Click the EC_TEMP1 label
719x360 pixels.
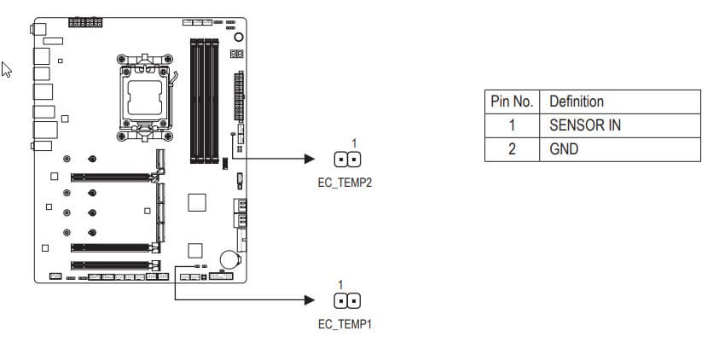(345, 324)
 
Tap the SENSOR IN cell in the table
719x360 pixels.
(584, 125)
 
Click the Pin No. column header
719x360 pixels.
(512, 102)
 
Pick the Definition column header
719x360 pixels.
(577, 102)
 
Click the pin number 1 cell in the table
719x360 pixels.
(512, 125)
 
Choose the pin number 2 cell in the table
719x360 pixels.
(512, 149)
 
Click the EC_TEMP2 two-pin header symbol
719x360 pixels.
(347, 160)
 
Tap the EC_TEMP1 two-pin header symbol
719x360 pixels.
(345, 301)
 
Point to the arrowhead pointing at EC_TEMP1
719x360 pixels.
(310, 300)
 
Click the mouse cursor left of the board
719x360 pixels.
(7, 70)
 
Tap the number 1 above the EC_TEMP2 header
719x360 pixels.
(354, 142)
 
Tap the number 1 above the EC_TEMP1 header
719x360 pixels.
(340, 284)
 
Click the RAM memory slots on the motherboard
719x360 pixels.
(204, 100)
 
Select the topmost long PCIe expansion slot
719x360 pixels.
(113, 178)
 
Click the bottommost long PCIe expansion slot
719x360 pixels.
(113, 264)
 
